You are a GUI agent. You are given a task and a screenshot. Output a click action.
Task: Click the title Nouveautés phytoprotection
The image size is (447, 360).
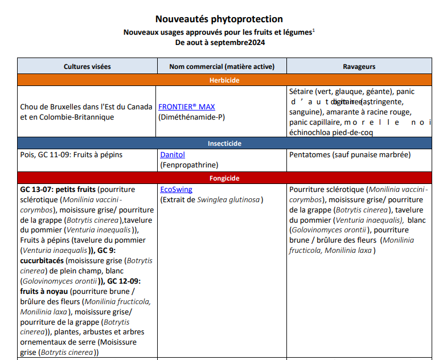click(219, 19)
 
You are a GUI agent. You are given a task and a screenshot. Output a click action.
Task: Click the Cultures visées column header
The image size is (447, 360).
click(87, 67)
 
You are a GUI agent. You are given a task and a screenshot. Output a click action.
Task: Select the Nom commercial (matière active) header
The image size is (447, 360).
click(222, 67)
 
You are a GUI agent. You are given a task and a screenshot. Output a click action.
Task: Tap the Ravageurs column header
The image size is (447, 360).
click(359, 67)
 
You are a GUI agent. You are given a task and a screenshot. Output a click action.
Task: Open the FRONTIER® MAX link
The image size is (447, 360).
click(186, 107)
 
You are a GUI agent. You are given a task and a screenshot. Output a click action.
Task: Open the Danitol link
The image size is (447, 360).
click(173, 154)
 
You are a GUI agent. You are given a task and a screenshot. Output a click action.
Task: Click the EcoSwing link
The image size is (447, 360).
click(176, 189)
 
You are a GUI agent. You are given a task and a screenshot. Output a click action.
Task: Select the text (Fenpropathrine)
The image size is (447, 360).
click(188, 165)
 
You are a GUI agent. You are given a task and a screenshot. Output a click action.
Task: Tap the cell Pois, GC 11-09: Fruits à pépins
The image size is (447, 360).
click(71, 154)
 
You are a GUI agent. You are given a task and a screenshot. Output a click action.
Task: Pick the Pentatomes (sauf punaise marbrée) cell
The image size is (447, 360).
click(350, 154)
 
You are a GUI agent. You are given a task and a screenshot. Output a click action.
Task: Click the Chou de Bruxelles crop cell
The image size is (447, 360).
click(86, 112)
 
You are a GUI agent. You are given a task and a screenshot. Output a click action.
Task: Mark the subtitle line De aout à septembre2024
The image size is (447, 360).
click(220, 42)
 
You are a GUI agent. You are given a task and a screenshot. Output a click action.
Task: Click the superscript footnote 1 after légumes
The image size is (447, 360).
click(314, 31)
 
